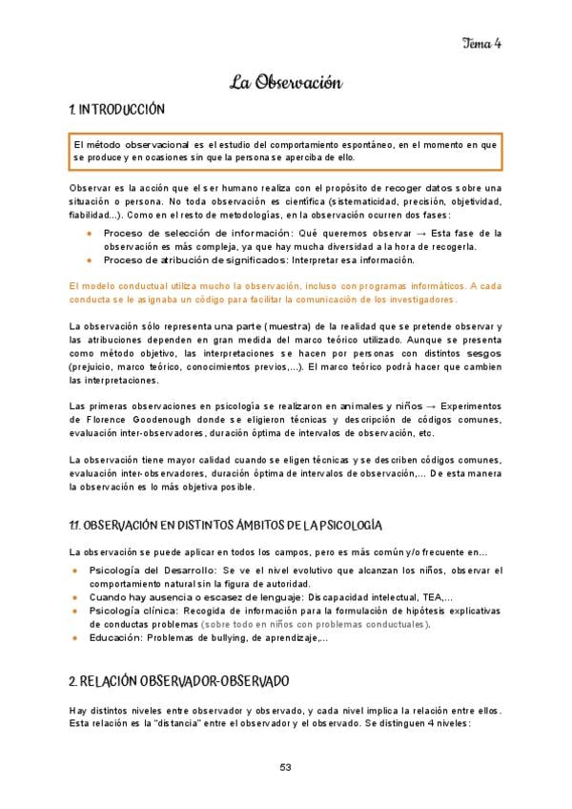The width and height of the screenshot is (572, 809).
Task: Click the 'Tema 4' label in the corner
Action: click(x=481, y=41)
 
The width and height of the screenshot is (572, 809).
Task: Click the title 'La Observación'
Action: click(x=285, y=83)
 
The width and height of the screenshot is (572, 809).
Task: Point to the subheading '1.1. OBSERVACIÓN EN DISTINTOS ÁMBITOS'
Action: click(x=226, y=526)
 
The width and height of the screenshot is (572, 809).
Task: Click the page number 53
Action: click(x=286, y=768)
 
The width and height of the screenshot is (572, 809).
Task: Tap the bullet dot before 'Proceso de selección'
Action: click(x=89, y=234)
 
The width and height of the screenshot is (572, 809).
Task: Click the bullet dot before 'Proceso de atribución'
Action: click(x=89, y=260)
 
